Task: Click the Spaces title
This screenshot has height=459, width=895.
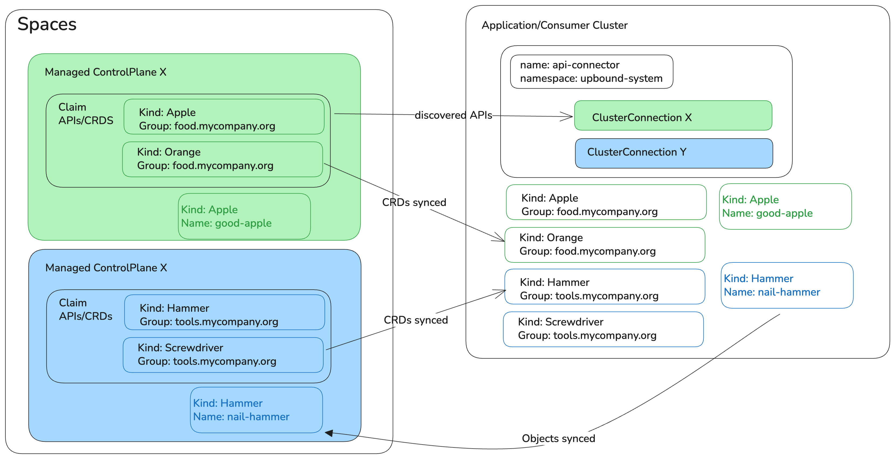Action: coord(47,24)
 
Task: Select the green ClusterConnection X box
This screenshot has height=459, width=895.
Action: coord(673,115)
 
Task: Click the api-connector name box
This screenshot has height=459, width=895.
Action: coord(591,72)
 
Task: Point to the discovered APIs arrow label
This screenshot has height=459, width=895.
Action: coord(453,115)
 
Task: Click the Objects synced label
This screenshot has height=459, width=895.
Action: coord(558,438)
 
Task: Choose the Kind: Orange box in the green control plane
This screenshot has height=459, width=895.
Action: coord(222,159)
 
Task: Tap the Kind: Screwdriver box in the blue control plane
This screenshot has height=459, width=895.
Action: coord(223,355)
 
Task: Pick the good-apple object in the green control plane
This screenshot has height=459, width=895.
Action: coord(244,216)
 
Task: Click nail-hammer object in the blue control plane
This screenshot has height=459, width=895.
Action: coord(256,410)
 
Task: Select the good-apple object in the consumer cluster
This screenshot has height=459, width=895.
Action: coord(785,206)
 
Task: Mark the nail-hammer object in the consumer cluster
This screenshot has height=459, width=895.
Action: coord(787,285)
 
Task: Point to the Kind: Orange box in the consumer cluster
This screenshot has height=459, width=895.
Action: coord(605,245)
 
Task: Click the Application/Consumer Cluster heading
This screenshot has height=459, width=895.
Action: coord(554,25)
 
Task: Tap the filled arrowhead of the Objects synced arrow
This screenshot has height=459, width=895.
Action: coord(329,433)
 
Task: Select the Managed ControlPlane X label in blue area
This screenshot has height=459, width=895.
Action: coord(106,268)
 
